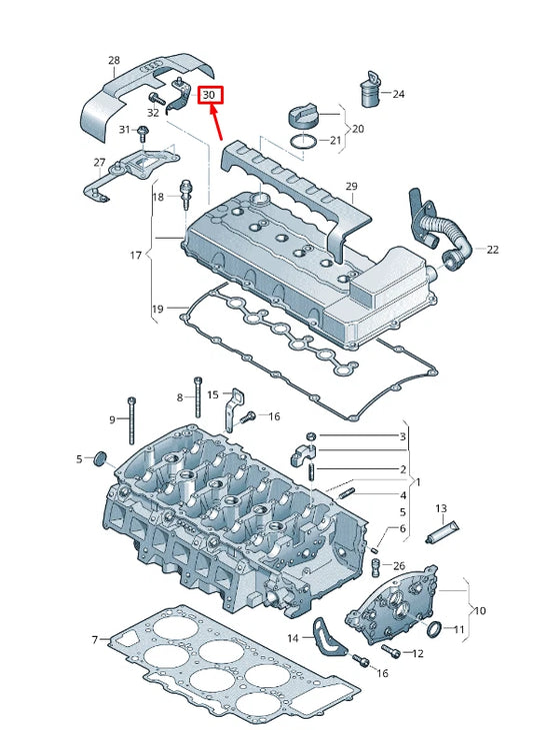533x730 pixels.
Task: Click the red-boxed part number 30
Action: click(210, 96)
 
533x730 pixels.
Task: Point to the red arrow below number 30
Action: click(215, 124)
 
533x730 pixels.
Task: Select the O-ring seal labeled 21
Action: click(303, 142)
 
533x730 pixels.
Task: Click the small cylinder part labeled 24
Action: click(371, 89)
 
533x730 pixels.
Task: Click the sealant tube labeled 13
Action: click(442, 532)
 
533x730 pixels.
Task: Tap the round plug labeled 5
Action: click(100, 458)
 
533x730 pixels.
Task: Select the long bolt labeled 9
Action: click(132, 420)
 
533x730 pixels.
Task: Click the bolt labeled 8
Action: click(198, 396)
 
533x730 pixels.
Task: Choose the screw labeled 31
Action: click(143, 134)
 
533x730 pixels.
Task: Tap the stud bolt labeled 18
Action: click(186, 194)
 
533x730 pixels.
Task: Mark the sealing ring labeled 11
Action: click(435, 629)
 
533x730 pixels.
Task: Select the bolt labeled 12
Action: click(391, 651)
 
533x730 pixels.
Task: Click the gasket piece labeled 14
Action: click(329, 637)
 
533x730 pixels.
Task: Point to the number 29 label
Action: click(351, 186)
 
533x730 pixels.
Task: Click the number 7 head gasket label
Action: click(95, 640)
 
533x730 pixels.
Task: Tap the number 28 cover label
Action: click(114, 60)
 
